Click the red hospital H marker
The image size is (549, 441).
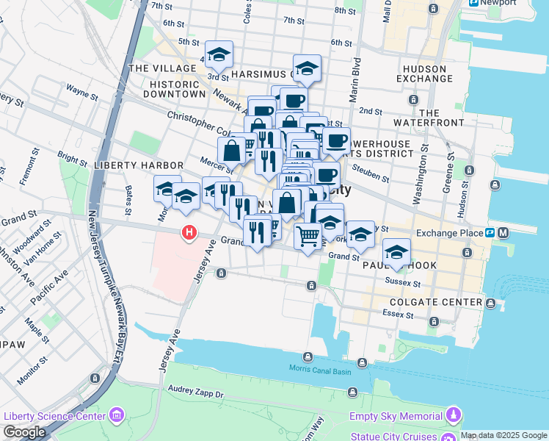[189, 233]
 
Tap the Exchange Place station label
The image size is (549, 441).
[451, 233]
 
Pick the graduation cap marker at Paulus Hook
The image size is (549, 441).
[396, 254]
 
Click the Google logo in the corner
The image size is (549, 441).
[24, 432]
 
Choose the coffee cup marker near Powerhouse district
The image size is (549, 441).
[336, 140]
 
